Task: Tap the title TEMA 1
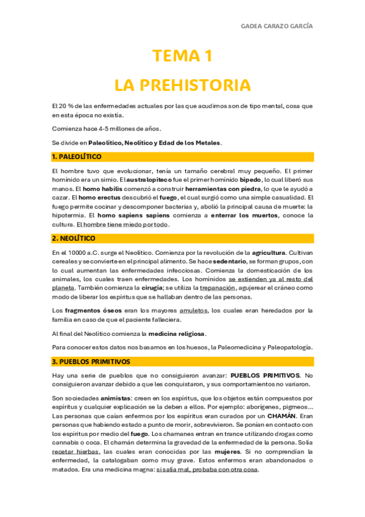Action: point(182,57)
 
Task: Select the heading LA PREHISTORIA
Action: point(182,84)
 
